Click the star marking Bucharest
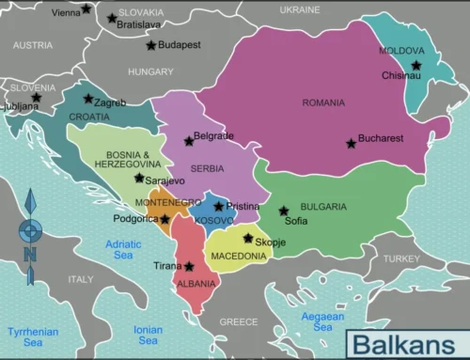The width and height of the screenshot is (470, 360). click(352, 144)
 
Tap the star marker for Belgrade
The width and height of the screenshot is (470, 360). click(189, 141)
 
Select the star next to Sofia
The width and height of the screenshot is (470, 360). click(283, 211)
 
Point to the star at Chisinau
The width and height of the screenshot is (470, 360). click(416, 65)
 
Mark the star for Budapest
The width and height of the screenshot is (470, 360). click(150, 45)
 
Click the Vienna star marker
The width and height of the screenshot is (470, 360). click(86, 9)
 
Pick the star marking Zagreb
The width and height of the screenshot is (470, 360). click(87, 99)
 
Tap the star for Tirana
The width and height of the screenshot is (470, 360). click(189, 266)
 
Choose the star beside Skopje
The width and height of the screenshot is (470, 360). click(248, 238)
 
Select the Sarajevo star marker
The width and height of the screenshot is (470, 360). click(139, 178)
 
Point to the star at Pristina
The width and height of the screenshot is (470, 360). click(218, 206)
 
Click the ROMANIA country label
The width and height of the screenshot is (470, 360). click(322, 102)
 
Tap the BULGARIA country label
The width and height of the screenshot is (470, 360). click(323, 207)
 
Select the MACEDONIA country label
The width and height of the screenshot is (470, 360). click(238, 256)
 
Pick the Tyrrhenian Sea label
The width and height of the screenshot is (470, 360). click(32, 337)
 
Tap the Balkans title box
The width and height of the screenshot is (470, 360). click(405, 343)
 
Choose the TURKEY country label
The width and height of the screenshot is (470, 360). click(402, 258)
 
